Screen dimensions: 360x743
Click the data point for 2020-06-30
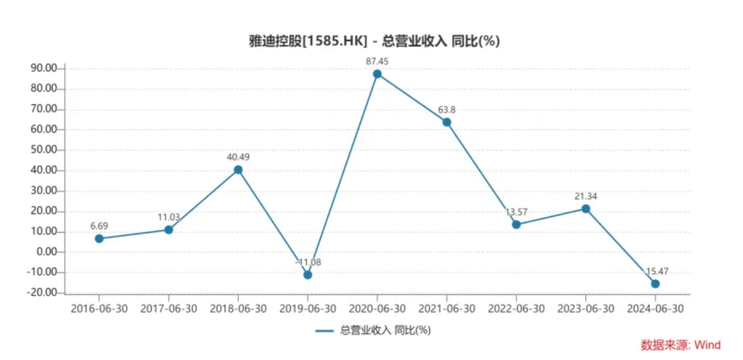tap(377, 74)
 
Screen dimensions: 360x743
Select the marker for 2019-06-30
tap(308, 274)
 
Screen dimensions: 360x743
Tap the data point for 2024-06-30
tap(655, 284)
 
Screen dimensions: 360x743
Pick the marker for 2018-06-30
tap(238, 169)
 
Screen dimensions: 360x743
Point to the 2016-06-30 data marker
tap(99, 238)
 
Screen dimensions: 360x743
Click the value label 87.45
tap(377, 60)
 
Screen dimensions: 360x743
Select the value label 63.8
tap(446, 110)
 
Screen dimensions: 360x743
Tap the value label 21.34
tap(586, 196)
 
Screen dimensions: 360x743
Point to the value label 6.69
tap(99, 226)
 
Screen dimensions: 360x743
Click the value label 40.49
tap(238, 157)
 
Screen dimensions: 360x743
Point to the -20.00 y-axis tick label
tap(44, 293)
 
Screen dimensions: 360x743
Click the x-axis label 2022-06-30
tap(516, 309)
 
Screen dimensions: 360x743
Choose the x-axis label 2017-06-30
tap(169, 309)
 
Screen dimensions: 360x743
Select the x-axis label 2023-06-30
tap(586, 309)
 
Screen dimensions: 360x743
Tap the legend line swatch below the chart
tap(324, 330)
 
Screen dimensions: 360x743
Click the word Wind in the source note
tap(708, 345)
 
